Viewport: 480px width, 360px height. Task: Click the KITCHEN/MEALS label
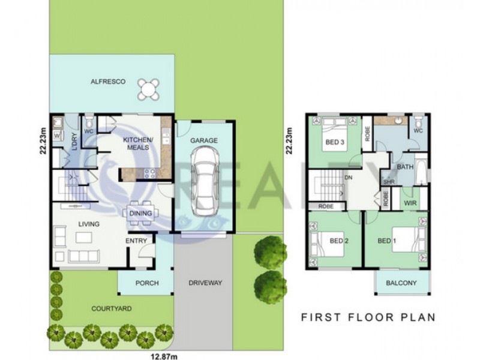pos(139,144)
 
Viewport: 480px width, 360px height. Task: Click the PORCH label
pos(147,283)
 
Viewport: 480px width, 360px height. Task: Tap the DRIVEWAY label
pos(205,283)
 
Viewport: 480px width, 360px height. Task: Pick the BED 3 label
pos(334,142)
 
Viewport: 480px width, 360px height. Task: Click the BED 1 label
pos(387,241)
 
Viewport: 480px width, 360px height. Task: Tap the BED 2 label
pos(339,241)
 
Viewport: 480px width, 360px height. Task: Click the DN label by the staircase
pos(348,178)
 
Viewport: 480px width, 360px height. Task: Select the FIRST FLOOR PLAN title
pos(367,316)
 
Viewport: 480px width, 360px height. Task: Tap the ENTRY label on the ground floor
pos(136,241)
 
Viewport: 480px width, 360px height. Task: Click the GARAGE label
pos(204,140)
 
